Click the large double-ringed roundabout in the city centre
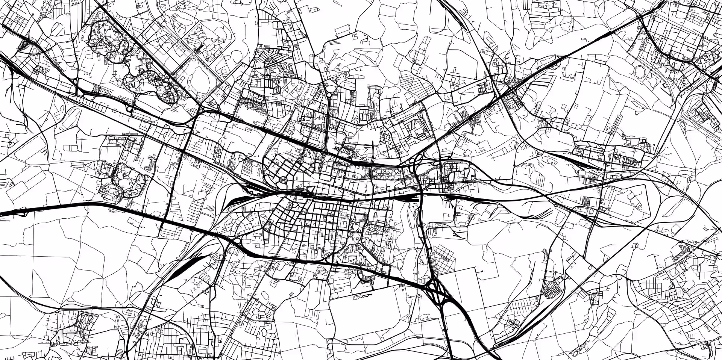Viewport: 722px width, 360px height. tap(283, 180)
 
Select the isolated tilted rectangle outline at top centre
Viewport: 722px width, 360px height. tap(342, 29)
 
